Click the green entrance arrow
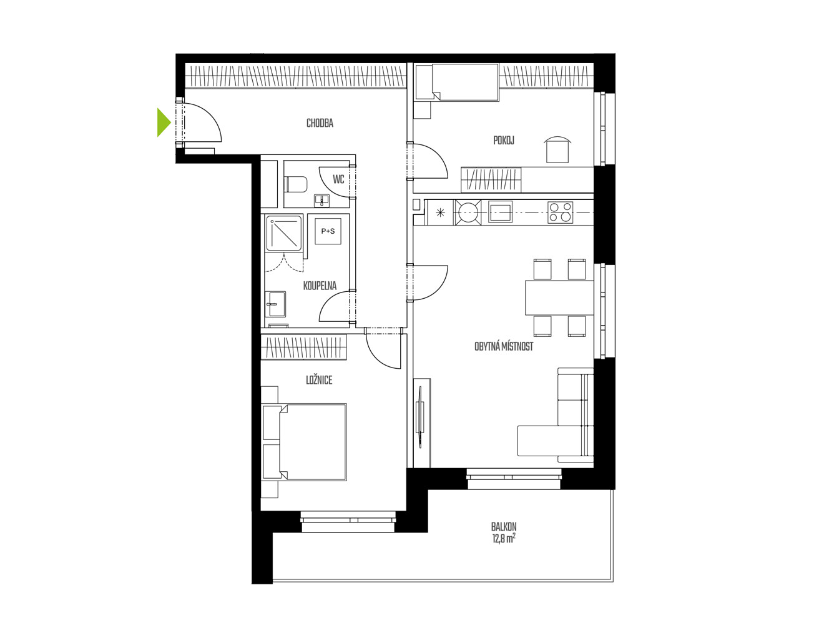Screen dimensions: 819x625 pos(163,122)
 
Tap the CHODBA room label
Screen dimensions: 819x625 pos(320,123)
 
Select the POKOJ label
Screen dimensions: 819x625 pos(503,140)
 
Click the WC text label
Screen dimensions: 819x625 pos(338,179)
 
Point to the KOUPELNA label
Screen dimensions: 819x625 pos(320,286)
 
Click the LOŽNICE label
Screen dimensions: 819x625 pos(318,380)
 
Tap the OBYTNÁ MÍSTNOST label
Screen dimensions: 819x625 pos(503,346)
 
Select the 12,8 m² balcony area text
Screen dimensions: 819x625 pos(504,539)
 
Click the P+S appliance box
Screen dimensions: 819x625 pos(328,231)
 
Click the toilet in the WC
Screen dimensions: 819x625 pos(295,184)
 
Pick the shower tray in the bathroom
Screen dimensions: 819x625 pos(283,234)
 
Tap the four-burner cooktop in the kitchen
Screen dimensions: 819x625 pos(560,212)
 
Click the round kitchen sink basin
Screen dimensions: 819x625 pos(468,212)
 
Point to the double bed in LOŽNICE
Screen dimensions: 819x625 pos(305,442)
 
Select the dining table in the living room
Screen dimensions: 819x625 pos(559,297)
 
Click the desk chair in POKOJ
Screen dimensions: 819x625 pos(557,149)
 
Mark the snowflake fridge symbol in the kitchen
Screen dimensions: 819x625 pos(440,213)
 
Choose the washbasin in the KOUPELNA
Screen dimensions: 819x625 pos(275,304)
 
